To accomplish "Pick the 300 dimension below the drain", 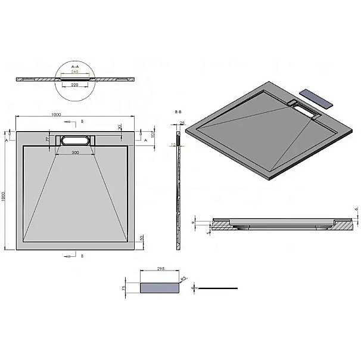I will (x=75, y=153).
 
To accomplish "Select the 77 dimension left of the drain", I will (x=48, y=139).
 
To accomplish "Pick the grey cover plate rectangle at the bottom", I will (x=159, y=288).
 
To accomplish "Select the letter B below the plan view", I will (x=82, y=256).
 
